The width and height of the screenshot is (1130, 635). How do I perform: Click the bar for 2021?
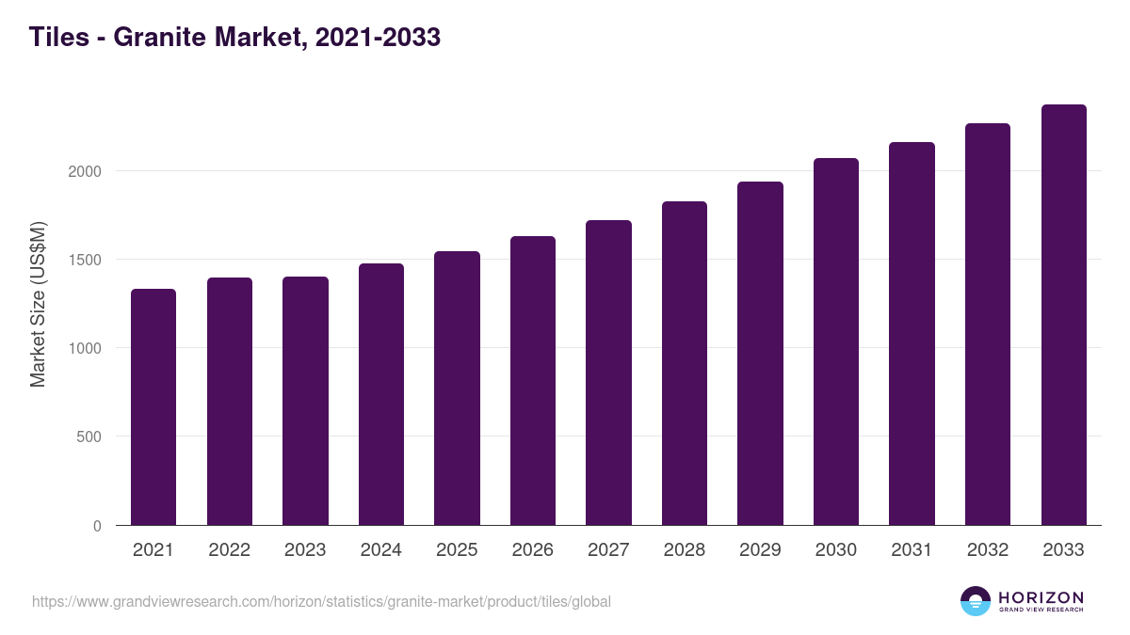point(153,406)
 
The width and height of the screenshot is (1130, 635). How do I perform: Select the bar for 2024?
point(381,394)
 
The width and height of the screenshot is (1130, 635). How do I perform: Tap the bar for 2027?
point(608,373)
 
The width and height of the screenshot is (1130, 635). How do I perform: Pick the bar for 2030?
point(836,341)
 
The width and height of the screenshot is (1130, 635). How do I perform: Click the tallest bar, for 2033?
point(1063,314)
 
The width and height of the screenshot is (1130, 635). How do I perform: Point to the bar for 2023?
point(305,401)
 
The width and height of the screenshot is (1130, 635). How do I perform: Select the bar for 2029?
point(760,353)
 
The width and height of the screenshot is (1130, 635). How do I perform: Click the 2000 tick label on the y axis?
point(85,171)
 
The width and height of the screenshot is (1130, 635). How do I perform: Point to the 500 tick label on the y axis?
point(89,437)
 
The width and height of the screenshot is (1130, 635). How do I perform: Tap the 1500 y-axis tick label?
point(85,260)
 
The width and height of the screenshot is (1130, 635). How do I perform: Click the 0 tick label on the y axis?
point(97,526)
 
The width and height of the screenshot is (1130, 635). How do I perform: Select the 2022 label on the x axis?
point(229,550)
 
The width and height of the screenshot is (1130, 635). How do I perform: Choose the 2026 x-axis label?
point(533,550)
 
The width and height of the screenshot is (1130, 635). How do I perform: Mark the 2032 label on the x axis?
point(988,550)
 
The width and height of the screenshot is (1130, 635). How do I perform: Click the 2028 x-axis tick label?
point(685,550)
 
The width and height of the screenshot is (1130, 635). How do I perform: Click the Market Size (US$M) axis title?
point(38,303)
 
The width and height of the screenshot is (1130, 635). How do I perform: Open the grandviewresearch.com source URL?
point(321,601)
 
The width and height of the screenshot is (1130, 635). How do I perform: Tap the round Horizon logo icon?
point(976,601)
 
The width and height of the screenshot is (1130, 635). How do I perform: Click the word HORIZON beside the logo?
point(1041,596)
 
